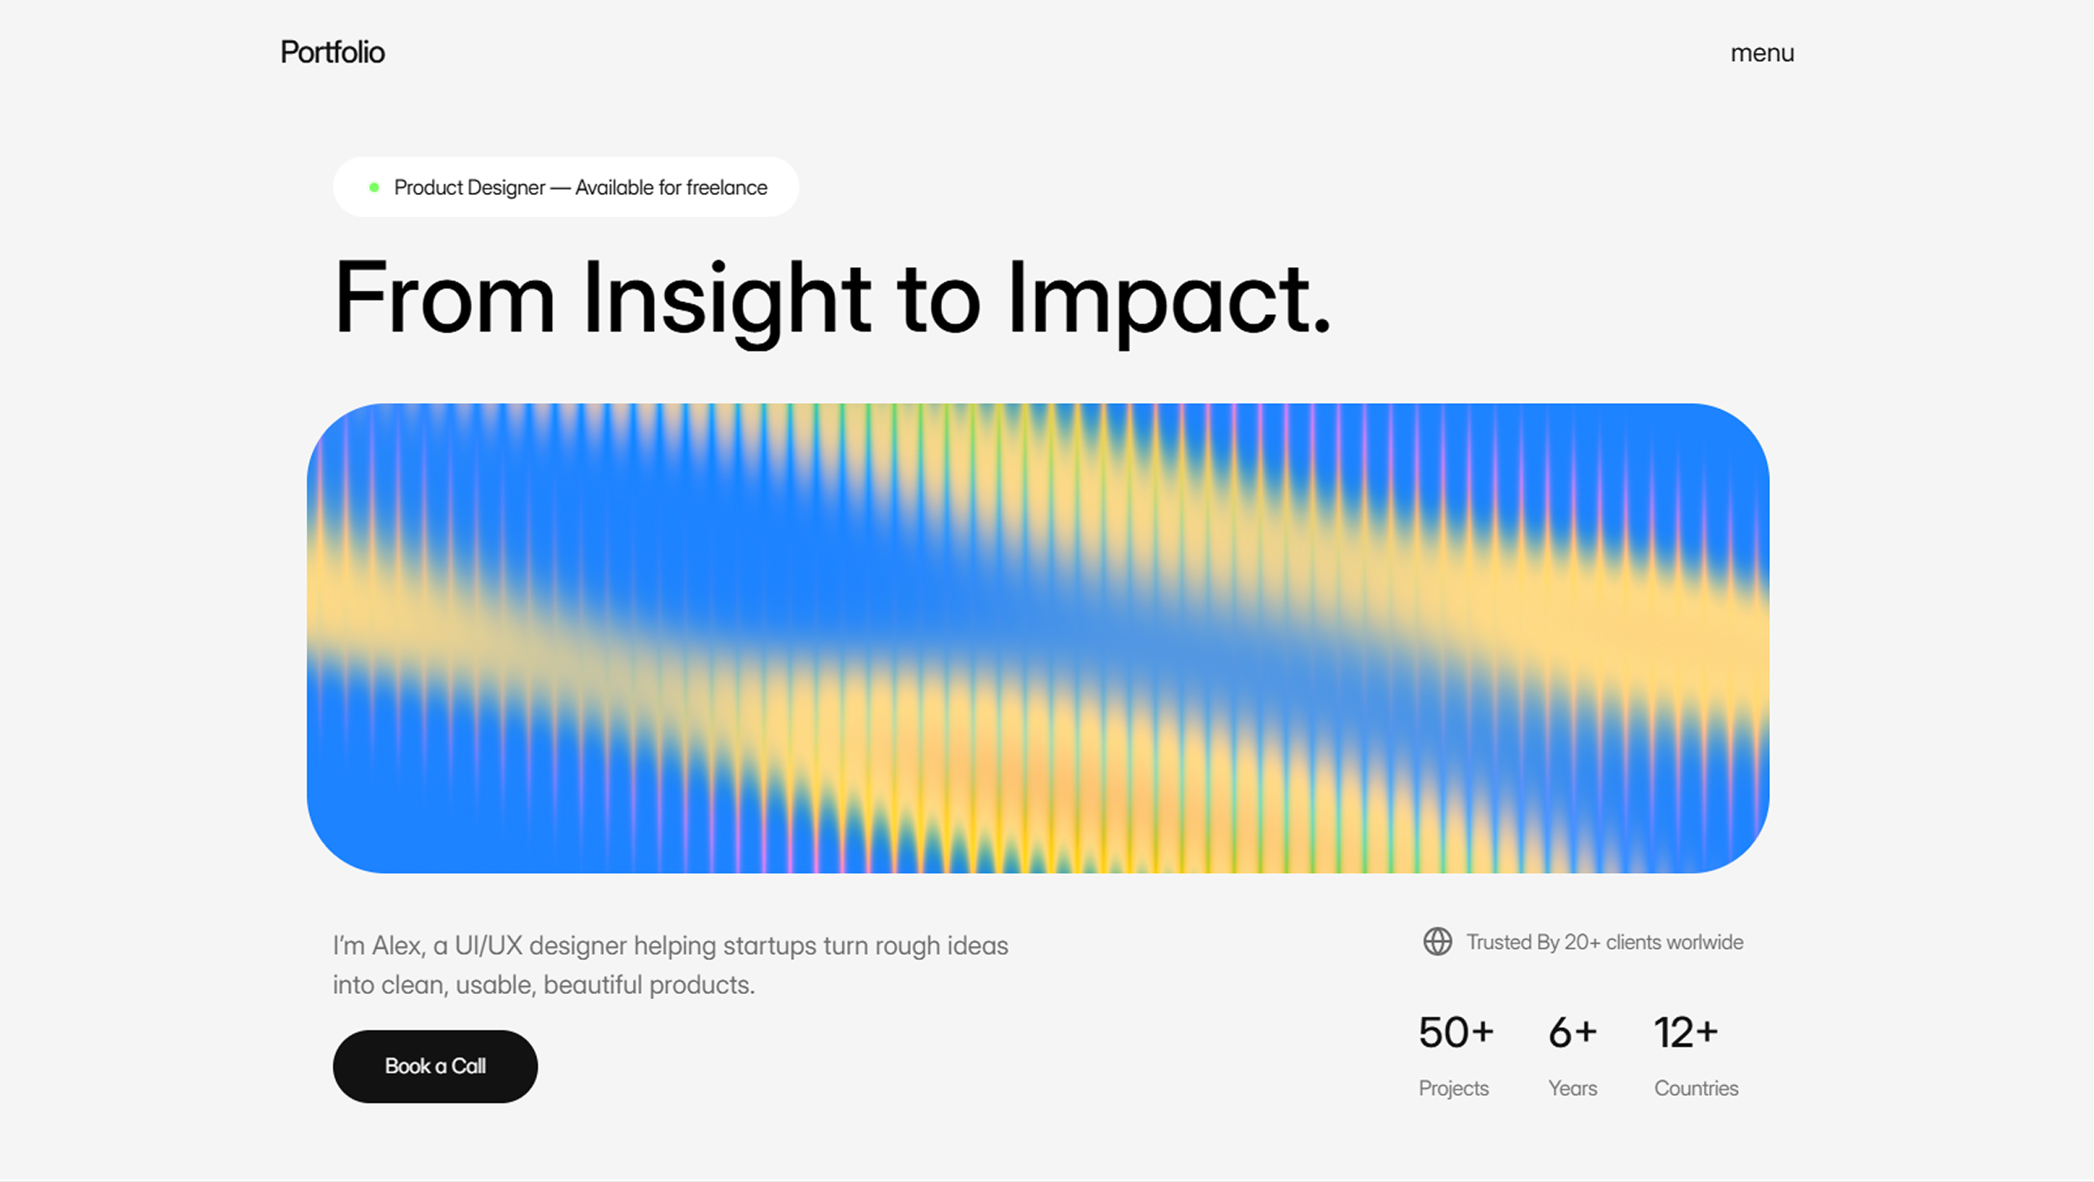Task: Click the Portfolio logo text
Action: click(333, 53)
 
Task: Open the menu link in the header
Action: click(1762, 54)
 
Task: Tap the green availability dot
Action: click(374, 187)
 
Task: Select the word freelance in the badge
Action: click(727, 187)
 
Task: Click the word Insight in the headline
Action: click(727, 299)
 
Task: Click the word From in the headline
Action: click(445, 298)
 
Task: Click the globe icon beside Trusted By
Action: click(1438, 942)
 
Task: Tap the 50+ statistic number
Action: click(1456, 1033)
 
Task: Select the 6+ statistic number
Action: click(1572, 1033)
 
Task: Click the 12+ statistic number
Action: click(1686, 1033)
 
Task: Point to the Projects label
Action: click(1454, 1089)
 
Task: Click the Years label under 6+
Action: click(1572, 1089)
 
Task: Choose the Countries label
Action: click(1696, 1089)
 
